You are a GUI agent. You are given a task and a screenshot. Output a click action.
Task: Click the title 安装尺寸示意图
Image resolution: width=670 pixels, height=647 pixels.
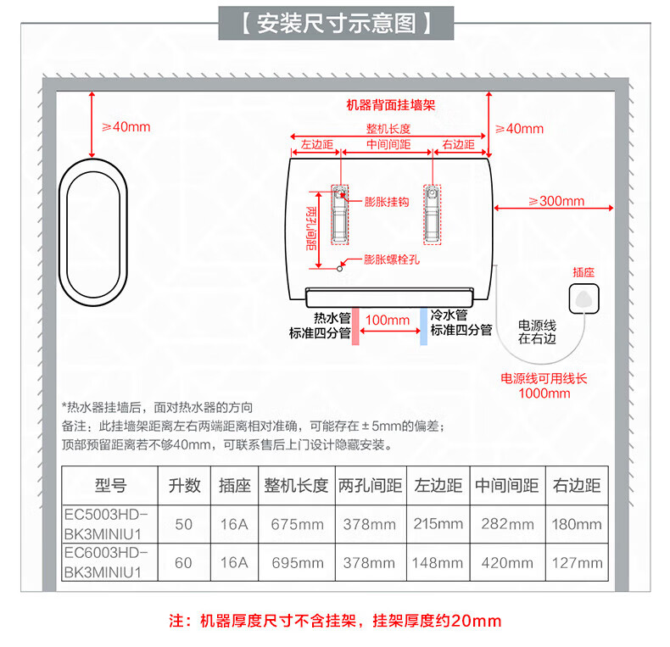click(x=336, y=23)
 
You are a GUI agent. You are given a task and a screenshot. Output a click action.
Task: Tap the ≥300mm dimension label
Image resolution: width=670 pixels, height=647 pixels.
click(x=556, y=201)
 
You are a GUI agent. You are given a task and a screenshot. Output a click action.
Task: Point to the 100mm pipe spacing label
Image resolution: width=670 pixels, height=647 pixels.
click(x=388, y=320)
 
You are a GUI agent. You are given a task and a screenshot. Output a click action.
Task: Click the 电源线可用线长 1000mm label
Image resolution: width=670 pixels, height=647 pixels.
click(x=544, y=386)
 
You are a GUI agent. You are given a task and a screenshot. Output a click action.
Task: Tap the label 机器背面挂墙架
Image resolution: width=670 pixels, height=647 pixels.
click(x=390, y=106)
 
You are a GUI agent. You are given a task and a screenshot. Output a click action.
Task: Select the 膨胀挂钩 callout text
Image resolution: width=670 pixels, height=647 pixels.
click(x=387, y=202)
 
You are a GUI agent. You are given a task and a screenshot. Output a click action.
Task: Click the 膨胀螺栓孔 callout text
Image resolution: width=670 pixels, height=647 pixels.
click(x=392, y=259)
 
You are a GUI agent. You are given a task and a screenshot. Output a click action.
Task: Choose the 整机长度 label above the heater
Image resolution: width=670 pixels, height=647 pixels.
click(x=388, y=129)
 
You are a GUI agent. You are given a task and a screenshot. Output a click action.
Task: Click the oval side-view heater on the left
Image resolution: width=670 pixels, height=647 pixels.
click(x=92, y=222)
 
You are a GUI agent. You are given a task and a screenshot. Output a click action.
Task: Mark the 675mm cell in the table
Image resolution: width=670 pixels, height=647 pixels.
click(x=297, y=524)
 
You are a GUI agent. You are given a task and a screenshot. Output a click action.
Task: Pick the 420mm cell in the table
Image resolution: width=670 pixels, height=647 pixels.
click(x=506, y=562)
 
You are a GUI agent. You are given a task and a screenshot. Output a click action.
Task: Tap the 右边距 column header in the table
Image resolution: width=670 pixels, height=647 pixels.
click(x=577, y=486)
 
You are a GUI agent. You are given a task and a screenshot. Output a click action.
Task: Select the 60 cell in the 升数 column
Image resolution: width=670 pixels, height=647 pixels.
click(x=183, y=562)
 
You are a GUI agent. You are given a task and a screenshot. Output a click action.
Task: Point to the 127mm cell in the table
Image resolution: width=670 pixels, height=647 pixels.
click(x=577, y=562)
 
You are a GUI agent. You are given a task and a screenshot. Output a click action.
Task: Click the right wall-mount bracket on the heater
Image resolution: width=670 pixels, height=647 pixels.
click(x=433, y=214)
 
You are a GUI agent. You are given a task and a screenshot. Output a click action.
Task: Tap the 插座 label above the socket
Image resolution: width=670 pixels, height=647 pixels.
click(x=583, y=272)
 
